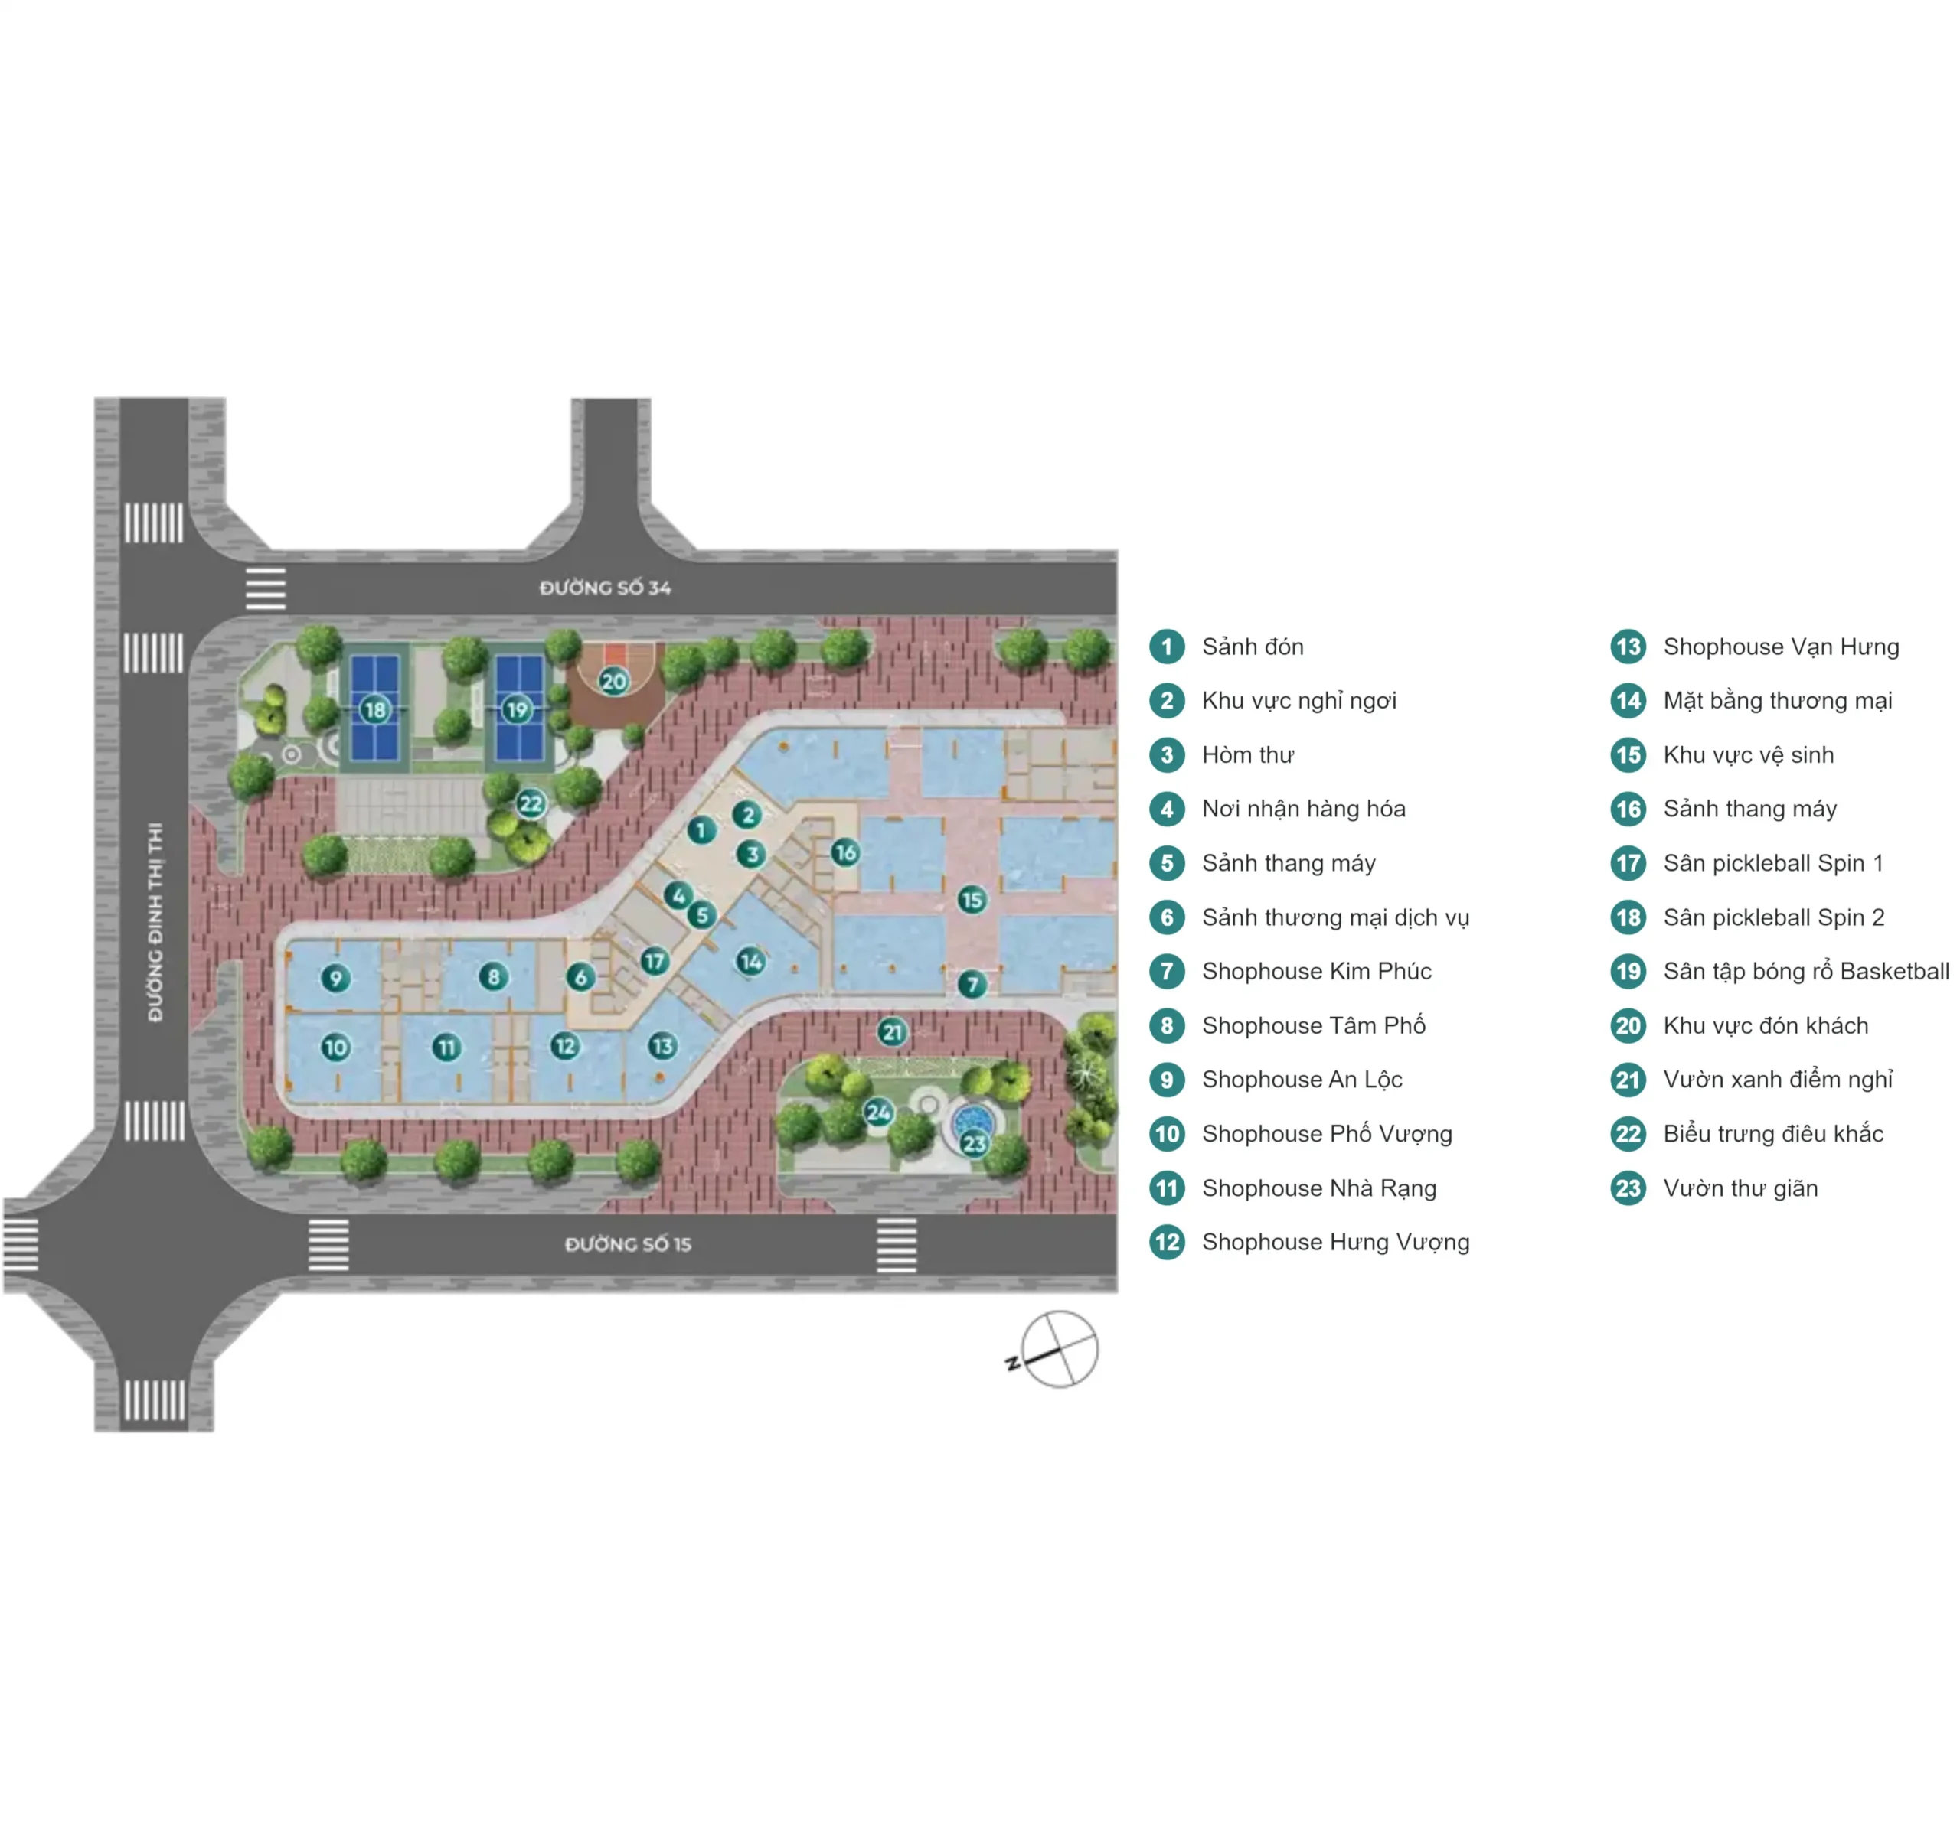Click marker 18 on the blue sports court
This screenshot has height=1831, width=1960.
pos(374,709)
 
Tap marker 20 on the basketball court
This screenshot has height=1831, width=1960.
pos(614,681)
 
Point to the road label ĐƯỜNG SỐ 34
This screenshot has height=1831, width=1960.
pos(606,588)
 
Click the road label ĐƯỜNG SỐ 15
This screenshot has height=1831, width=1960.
pos(628,1245)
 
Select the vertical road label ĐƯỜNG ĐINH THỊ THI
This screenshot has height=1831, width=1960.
pos(155,921)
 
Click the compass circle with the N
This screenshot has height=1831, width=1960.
pos(1059,1349)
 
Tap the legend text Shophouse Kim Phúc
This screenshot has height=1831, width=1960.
pos(1316,972)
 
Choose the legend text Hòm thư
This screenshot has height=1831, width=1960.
pos(1247,755)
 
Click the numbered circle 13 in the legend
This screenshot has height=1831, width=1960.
pos(1628,647)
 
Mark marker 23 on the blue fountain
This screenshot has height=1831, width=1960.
pos(974,1144)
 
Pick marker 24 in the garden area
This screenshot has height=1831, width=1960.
pos(877,1113)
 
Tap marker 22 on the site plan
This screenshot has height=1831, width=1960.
pos(531,803)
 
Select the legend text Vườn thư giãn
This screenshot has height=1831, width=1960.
pos(1740,1188)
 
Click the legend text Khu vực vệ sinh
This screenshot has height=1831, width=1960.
pos(1748,755)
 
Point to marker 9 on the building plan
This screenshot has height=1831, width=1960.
pos(336,978)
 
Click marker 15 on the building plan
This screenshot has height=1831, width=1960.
pos(972,899)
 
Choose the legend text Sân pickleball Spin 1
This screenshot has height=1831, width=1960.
pos(1772,863)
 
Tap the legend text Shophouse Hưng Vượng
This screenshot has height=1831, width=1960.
pos(1335,1242)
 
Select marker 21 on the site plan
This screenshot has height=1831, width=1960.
pos(892,1031)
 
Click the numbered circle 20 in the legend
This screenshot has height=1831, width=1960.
pos(1628,1026)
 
